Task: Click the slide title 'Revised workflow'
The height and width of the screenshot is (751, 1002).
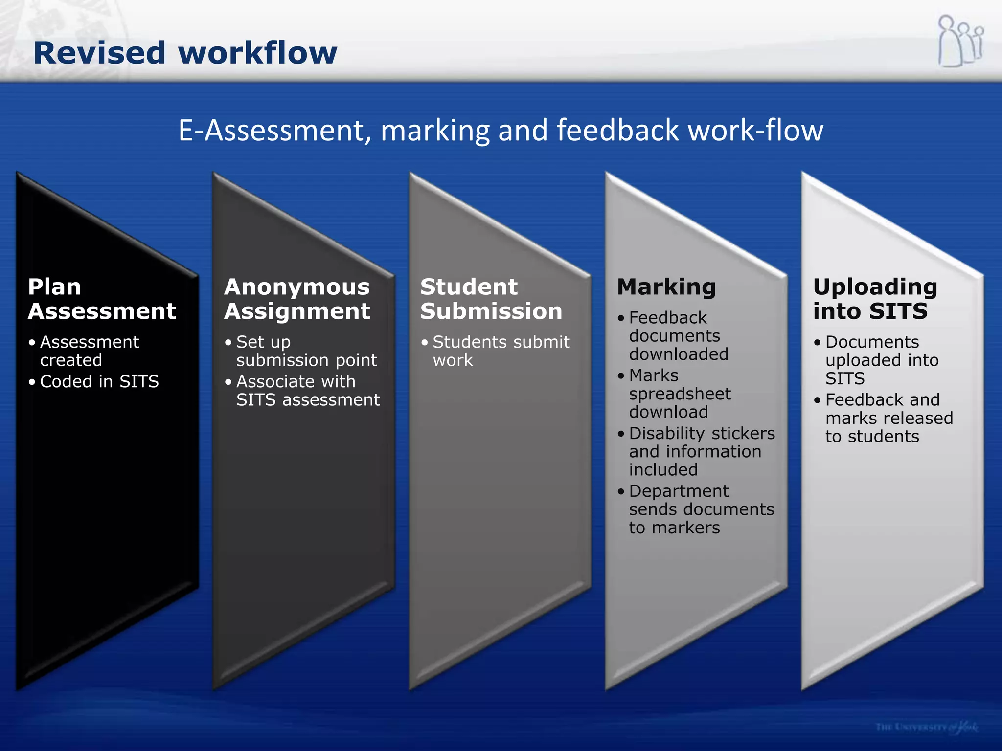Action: tap(185, 53)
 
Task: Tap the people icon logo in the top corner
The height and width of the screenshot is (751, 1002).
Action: tap(960, 42)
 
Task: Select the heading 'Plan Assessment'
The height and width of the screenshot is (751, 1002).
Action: tap(102, 299)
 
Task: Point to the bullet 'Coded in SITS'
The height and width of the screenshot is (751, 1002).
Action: tap(99, 381)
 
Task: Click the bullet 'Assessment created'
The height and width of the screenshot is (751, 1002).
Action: tap(89, 351)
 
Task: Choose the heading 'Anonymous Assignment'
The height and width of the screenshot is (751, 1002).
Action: tap(297, 299)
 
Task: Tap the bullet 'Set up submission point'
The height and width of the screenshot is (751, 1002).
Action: tap(306, 351)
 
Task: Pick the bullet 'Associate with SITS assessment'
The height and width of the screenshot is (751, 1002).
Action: tap(307, 391)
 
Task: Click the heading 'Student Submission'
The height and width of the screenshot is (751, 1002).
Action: tap(491, 299)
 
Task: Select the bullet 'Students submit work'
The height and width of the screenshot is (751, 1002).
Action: tap(501, 351)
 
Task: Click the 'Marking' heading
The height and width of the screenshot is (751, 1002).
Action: tap(666, 287)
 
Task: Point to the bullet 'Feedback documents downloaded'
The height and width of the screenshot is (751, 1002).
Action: tap(678, 336)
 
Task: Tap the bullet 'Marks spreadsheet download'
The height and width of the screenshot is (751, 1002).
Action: tap(680, 394)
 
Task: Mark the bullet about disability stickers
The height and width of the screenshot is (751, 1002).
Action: tap(702, 451)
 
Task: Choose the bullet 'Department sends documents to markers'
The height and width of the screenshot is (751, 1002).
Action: tap(701, 509)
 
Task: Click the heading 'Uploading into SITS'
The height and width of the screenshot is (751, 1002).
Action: tap(875, 299)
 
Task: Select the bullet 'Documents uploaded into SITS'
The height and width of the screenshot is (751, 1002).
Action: tap(881, 360)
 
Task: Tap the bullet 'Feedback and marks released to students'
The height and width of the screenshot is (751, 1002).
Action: tap(888, 418)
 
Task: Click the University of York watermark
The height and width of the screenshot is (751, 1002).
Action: tap(927, 727)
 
